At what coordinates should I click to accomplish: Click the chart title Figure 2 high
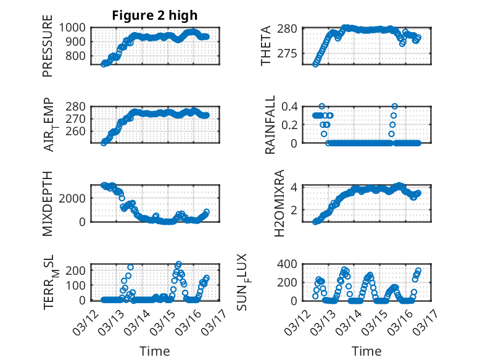155,15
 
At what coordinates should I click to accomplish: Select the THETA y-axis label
266,45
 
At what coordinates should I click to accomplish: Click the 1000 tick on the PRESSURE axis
75,27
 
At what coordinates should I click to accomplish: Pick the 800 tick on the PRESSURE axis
78,56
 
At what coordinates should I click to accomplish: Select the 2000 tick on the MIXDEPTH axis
75,198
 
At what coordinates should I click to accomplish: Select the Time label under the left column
154,351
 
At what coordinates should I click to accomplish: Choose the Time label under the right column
366,351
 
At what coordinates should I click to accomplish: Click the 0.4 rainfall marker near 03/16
394,106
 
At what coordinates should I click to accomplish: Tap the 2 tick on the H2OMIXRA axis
296,210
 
